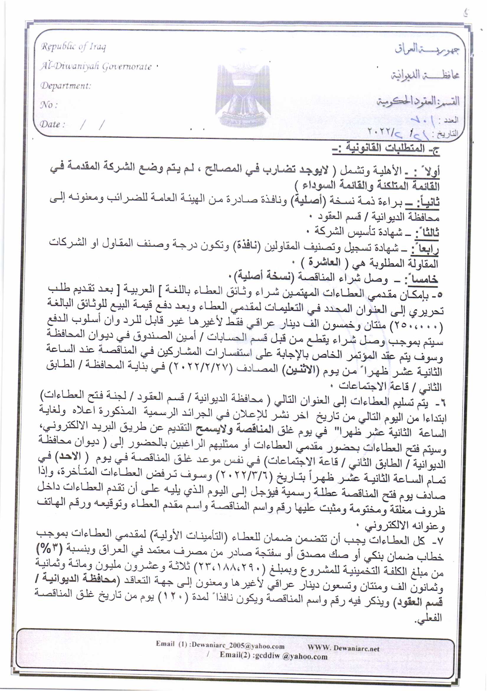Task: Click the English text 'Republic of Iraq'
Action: [74, 47]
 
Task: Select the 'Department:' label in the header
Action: [66, 86]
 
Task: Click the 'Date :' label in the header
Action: [53, 124]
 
